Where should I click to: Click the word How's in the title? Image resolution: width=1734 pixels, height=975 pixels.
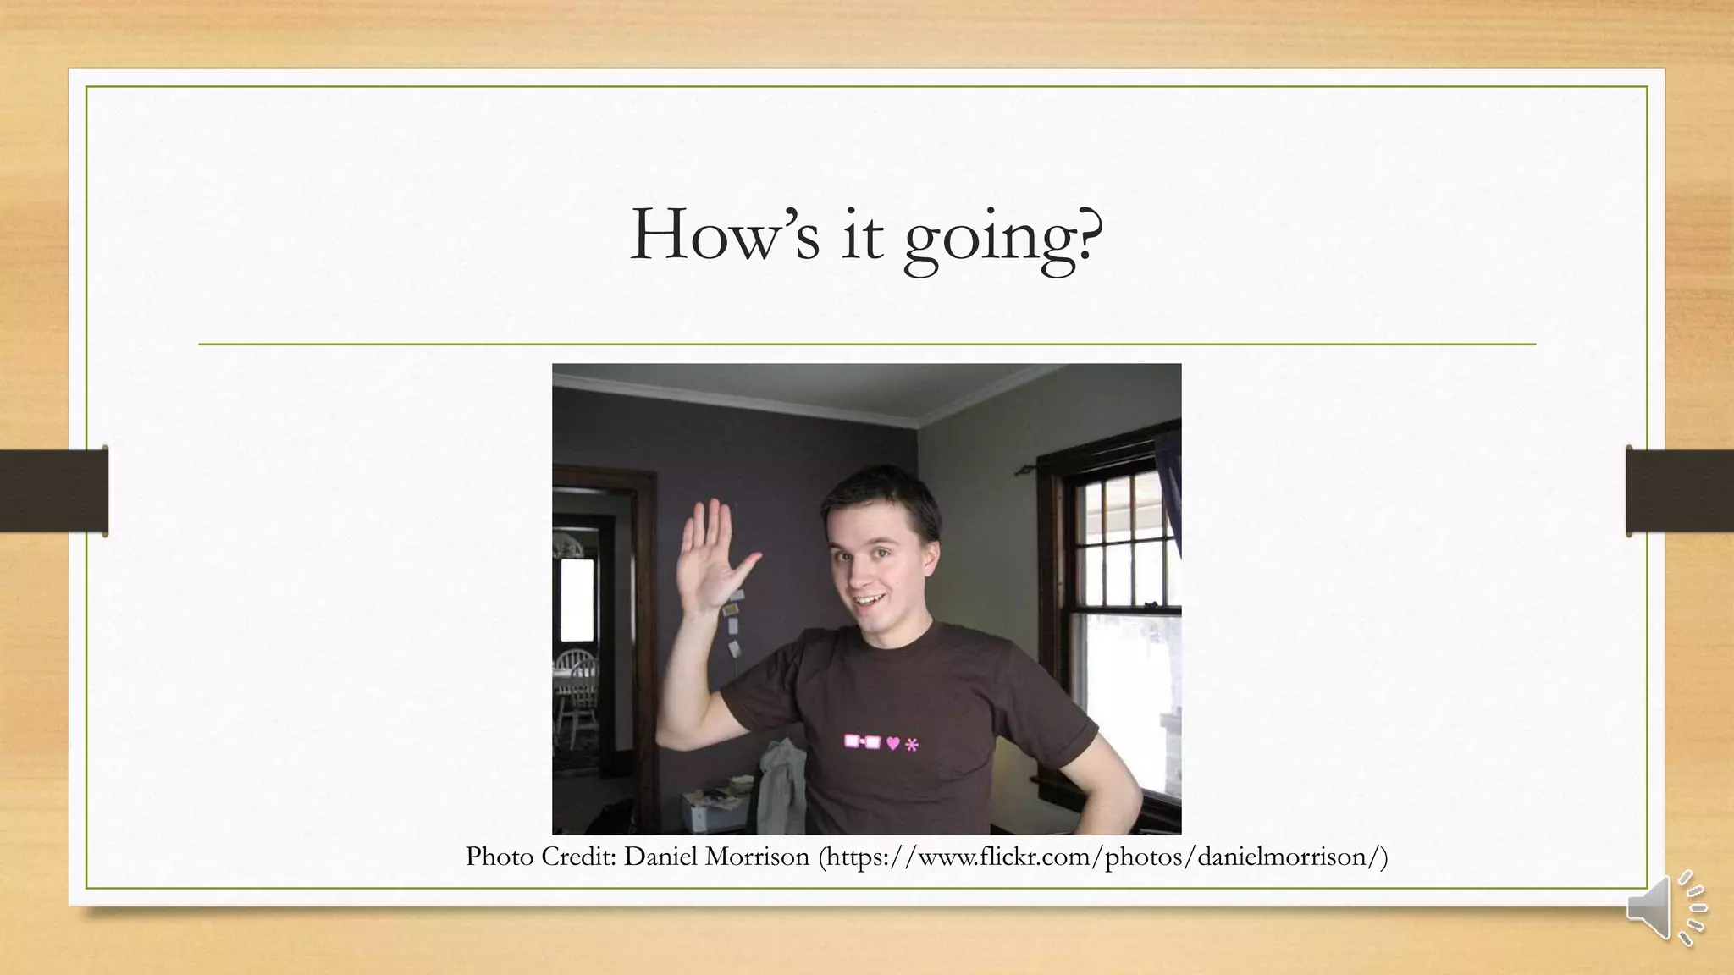(x=725, y=234)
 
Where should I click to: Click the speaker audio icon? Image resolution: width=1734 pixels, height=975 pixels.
(x=1665, y=908)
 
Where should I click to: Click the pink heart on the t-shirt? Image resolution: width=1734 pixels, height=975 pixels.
(x=892, y=743)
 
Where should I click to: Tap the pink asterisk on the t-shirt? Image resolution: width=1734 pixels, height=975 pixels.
(x=912, y=745)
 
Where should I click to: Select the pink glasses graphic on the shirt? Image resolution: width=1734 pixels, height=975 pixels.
(x=862, y=742)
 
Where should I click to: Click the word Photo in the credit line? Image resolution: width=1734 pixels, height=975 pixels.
(x=500, y=857)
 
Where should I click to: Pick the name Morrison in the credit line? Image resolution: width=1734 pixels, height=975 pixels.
(x=757, y=857)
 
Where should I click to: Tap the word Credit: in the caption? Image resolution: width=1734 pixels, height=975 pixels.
(x=578, y=857)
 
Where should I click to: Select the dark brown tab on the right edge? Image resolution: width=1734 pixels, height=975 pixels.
(x=1680, y=491)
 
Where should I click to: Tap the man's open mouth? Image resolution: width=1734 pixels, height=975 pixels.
(x=869, y=602)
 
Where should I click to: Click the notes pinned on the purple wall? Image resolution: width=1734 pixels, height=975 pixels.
(x=732, y=622)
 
